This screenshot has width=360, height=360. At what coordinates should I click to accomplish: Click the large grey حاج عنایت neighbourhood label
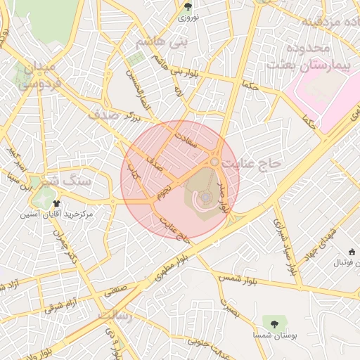click(251, 162)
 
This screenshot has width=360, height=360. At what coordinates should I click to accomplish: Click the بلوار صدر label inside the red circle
click(224, 198)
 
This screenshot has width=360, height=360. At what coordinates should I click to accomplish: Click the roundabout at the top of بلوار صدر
click(214, 162)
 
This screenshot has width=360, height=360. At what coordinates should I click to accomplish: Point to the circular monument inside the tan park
click(204, 200)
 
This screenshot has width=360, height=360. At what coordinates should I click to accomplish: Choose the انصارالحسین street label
click(138, 92)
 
